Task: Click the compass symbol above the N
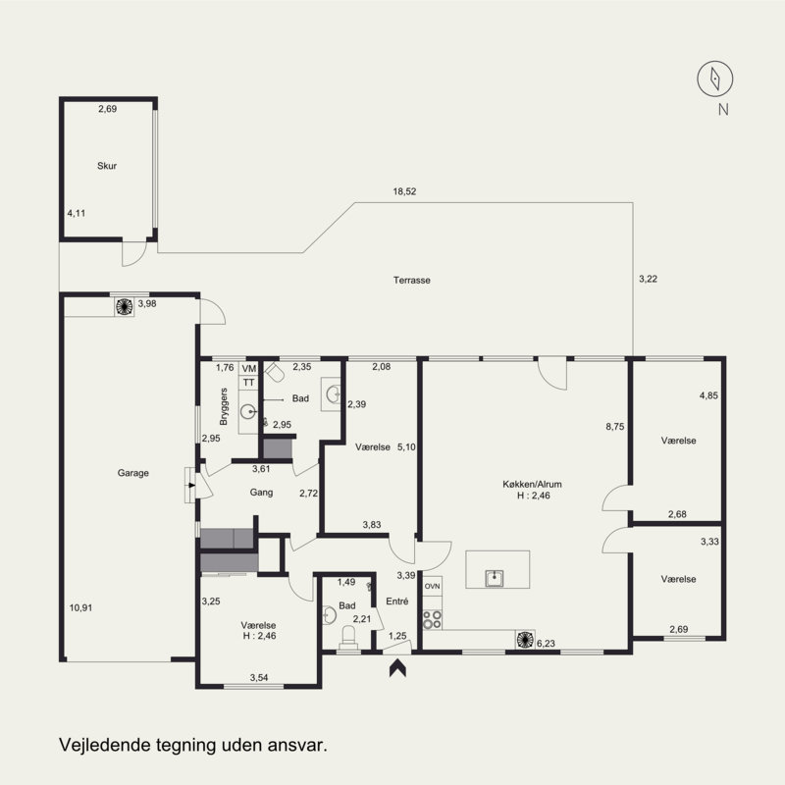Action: [715, 78]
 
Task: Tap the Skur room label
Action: [107, 166]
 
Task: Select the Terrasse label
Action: [411, 281]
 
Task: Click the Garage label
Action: [133, 473]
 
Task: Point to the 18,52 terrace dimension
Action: [404, 191]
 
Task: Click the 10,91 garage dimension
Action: [80, 607]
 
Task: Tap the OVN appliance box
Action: [433, 586]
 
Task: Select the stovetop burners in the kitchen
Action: [433, 619]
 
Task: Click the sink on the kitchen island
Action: [495, 578]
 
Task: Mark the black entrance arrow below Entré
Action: [397, 668]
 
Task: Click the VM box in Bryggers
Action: [249, 369]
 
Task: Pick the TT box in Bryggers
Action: [249, 383]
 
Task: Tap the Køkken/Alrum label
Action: [532, 484]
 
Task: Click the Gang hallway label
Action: [261, 493]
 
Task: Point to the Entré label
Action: [397, 602]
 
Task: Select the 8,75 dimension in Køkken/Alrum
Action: [615, 427]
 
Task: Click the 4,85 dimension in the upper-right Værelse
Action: [708, 395]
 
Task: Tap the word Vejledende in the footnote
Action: [105, 745]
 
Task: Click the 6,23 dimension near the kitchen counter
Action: [546, 644]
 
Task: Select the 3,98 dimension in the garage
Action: [147, 303]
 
